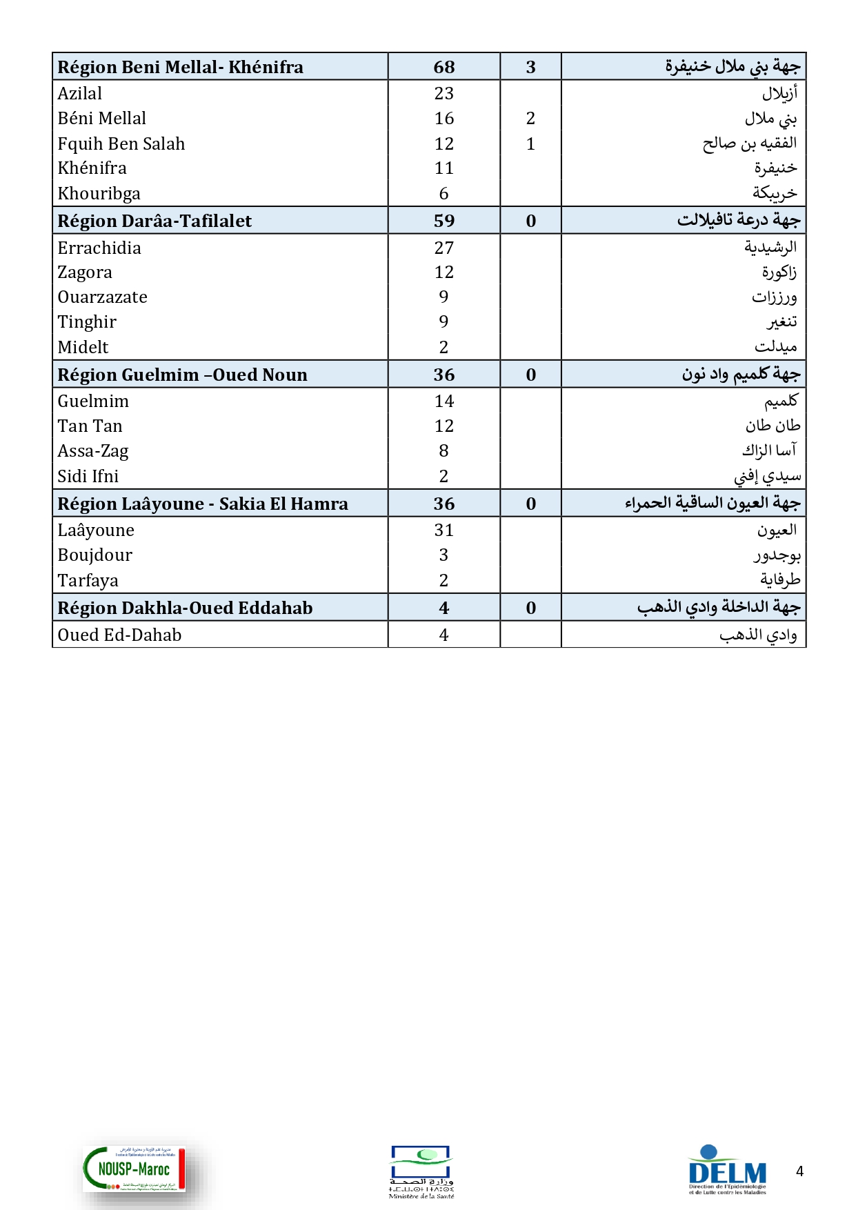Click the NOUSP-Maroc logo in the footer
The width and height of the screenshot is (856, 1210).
(135, 1169)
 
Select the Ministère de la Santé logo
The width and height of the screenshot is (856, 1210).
(421, 1171)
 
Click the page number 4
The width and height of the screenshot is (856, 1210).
(799, 1171)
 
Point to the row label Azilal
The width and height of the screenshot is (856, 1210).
(80, 94)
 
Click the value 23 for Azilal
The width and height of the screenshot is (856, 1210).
(444, 94)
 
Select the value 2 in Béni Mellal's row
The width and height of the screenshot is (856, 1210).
(530, 119)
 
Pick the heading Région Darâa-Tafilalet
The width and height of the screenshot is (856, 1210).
(155, 221)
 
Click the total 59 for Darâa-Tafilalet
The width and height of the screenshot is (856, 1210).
(444, 221)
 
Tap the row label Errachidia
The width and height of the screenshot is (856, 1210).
(99, 248)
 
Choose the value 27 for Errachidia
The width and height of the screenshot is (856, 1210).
(444, 248)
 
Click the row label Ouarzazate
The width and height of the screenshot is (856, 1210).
(103, 297)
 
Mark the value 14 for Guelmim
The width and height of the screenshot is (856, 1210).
(444, 401)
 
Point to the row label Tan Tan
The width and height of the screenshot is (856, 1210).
(90, 426)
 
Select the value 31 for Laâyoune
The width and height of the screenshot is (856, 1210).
(444, 530)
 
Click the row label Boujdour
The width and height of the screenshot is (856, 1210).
(95, 555)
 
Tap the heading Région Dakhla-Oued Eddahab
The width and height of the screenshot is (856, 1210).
(185, 608)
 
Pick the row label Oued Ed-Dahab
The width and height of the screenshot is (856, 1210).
(119, 635)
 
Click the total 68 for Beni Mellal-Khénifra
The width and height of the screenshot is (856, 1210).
(444, 67)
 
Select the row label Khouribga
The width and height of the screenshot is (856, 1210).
(99, 194)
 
